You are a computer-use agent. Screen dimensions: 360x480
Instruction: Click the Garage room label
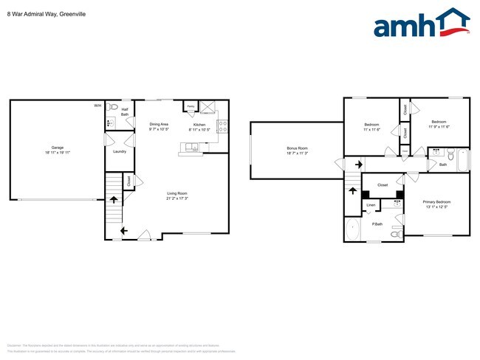point(57,148)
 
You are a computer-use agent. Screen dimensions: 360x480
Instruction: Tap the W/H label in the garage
point(97,106)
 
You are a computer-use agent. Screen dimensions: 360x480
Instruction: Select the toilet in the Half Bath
point(112,107)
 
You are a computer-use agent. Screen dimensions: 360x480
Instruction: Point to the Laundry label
point(118,152)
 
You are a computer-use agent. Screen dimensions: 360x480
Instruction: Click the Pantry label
point(191,106)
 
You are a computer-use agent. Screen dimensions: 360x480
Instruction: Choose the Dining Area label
point(160,124)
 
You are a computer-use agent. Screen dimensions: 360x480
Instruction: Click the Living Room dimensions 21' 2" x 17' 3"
point(177,198)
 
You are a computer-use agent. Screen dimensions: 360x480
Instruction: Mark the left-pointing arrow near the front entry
point(123,232)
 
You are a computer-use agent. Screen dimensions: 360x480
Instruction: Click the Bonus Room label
point(297,148)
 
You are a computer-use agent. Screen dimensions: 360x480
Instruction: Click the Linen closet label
point(371,204)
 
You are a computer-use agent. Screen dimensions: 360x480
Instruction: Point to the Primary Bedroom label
point(436,201)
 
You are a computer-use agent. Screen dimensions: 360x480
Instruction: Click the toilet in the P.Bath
point(396,233)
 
